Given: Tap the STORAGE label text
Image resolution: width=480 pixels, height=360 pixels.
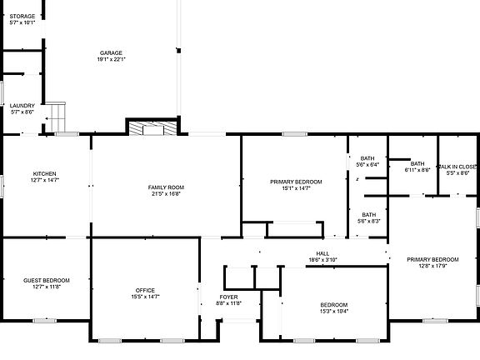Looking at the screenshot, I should pyautogui.click(x=22, y=17).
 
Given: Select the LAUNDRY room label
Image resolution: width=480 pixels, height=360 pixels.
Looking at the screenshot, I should pyautogui.click(x=22, y=106).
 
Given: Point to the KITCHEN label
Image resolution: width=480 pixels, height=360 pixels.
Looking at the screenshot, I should pyautogui.click(x=44, y=173).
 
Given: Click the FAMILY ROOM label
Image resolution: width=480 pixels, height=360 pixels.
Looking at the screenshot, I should pyautogui.click(x=167, y=187).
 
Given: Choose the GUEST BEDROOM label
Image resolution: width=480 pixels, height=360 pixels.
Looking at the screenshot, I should pyautogui.click(x=46, y=280).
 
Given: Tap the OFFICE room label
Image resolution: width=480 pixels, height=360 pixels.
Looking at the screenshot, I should pyautogui.click(x=146, y=290).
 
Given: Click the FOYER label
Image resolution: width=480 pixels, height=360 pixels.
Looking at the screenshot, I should pyautogui.click(x=229, y=297).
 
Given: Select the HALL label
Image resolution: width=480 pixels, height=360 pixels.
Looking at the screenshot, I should pyautogui.click(x=322, y=253).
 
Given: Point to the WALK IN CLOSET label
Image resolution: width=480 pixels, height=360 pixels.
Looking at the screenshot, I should pyautogui.click(x=457, y=167).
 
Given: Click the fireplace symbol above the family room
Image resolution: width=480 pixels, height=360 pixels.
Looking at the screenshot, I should pyautogui.click(x=152, y=127).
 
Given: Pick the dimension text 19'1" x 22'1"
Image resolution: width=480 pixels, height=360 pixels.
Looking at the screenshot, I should pyautogui.click(x=110, y=60).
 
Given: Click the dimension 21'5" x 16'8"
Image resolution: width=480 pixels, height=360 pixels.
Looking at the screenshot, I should pyautogui.click(x=167, y=194).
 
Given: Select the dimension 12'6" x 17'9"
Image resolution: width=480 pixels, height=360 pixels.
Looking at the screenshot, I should pyautogui.click(x=433, y=266).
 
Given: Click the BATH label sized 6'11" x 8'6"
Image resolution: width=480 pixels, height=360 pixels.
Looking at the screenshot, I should pyautogui.click(x=417, y=163).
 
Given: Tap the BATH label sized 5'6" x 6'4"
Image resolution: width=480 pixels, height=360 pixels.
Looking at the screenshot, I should pyautogui.click(x=367, y=158).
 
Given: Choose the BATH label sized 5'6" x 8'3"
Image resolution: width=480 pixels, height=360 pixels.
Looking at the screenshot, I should pyautogui.click(x=368, y=214).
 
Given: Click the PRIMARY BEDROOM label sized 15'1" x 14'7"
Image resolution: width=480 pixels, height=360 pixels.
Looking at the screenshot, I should pyautogui.click(x=296, y=182).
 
